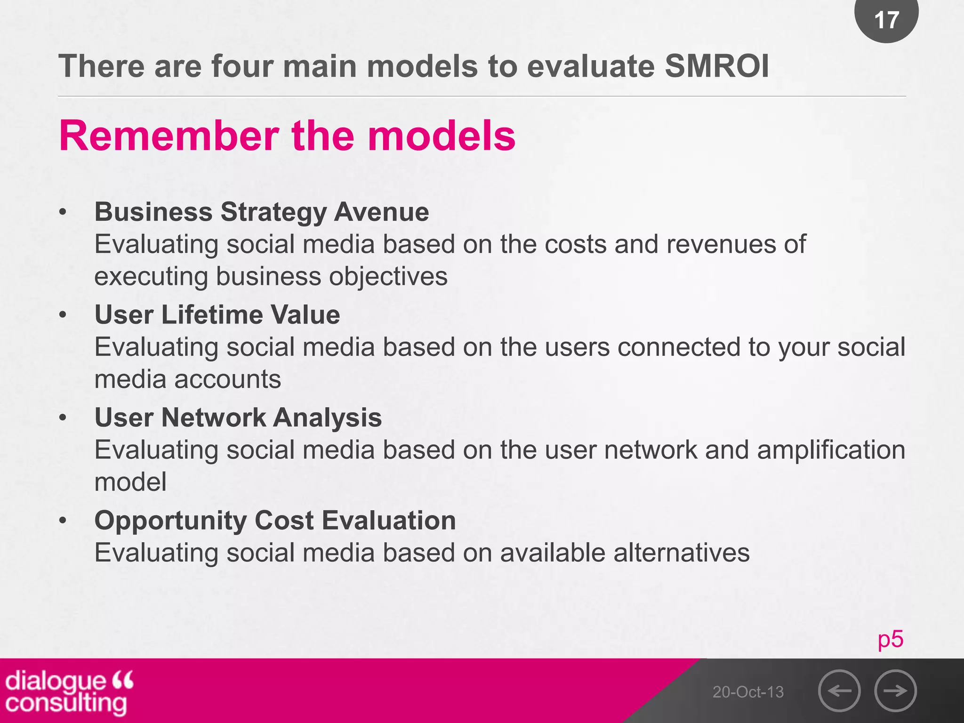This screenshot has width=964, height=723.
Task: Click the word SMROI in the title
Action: pos(716,66)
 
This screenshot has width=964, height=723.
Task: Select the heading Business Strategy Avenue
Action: pos(262,212)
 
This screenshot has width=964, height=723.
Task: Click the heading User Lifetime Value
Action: pos(217,314)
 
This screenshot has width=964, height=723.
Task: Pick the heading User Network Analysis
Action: pos(238,418)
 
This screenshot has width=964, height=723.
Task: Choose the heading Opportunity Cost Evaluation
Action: pos(275,521)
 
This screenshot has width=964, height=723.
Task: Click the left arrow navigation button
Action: pos(839,691)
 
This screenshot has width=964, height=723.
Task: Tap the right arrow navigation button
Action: pos(895,691)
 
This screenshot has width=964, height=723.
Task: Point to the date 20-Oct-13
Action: pos(748,692)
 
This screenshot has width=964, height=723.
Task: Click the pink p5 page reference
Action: pos(890,639)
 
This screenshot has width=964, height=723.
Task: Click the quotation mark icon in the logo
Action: pos(123,680)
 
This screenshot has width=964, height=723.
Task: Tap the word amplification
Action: pos(831,450)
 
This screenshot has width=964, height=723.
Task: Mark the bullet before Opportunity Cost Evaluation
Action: pos(63,521)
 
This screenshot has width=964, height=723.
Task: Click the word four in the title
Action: pos(242,66)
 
